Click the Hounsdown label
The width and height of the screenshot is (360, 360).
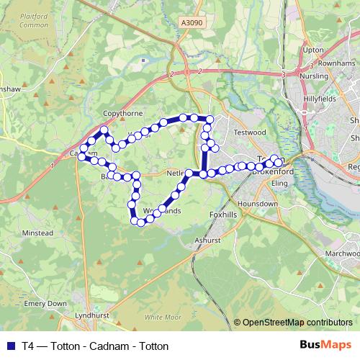(258, 204)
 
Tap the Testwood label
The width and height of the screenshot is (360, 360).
(250, 132)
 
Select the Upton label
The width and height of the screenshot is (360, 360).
(314, 50)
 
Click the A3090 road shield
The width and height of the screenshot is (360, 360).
(192, 24)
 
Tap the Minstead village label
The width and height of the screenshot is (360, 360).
(37, 234)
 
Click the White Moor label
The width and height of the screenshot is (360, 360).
(162, 317)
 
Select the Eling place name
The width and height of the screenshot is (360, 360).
(279, 184)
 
